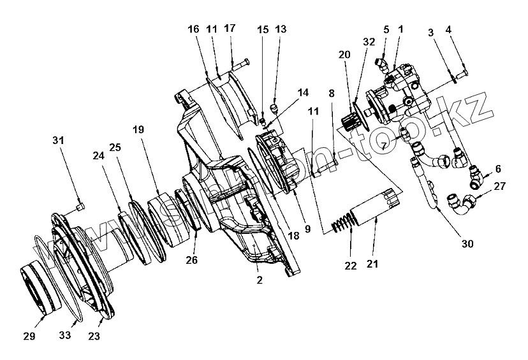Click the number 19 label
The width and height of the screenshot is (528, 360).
139,129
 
